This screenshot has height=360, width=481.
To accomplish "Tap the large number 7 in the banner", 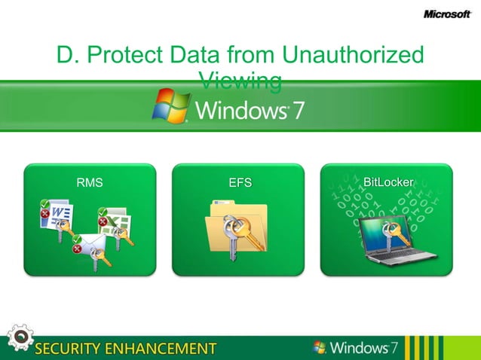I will pos(297,110).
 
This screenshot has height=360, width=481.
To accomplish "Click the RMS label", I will pos(90,182).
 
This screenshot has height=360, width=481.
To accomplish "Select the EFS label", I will pos(240,182).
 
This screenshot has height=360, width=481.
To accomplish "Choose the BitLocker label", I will pos(388,182).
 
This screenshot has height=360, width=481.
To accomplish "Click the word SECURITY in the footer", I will pos(72,348).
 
